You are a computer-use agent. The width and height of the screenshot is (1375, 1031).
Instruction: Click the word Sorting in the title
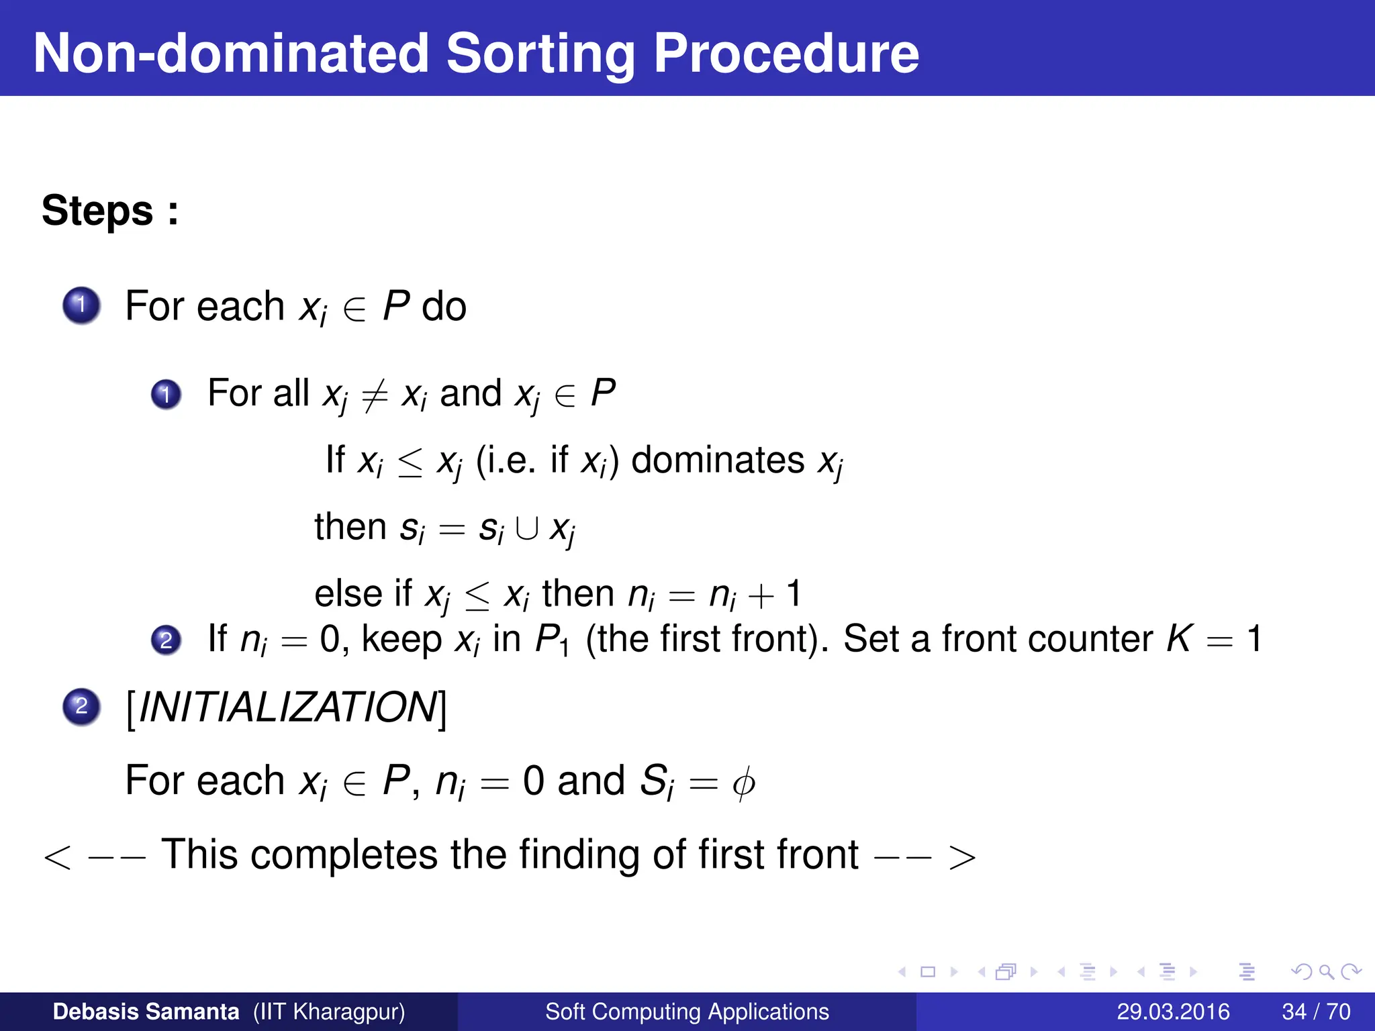pyautogui.click(x=540, y=54)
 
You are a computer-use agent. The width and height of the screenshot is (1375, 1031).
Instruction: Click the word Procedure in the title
pyautogui.click(x=786, y=54)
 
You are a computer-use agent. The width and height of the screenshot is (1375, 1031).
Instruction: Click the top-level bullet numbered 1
pyautogui.click(x=81, y=305)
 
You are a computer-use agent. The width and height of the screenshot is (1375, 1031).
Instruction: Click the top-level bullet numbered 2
pyautogui.click(x=81, y=706)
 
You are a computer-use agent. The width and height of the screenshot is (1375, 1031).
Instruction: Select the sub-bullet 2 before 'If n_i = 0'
pyautogui.click(x=166, y=640)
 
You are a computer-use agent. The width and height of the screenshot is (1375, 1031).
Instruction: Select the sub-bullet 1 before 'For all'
pyautogui.click(x=166, y=394)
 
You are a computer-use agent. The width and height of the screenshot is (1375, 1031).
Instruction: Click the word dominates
pyautogui.click(x=718, y=460)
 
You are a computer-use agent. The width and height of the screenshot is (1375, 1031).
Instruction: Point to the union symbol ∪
pyautogui.click(x=526, y=529)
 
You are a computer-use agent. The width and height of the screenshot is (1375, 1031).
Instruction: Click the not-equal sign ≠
pyautogui.click(x=375, y=395)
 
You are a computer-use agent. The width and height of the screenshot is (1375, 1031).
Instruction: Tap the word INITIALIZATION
pyautogui.click(x=287, y=707)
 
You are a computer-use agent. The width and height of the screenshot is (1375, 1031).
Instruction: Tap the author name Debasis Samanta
pyautogui.click(x=146, y=1012)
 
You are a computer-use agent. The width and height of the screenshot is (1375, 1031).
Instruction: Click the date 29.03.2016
pyautogui.click(x=1173, y=1012)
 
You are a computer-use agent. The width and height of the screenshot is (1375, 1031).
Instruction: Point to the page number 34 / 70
pyautogui.click(x=1316, y=1012)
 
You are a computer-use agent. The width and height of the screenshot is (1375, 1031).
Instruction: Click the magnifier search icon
pyautogui.click(x=1326, y=972)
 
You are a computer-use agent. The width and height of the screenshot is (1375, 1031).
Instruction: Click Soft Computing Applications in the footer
pyautogui.click(x=687, y=1012)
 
